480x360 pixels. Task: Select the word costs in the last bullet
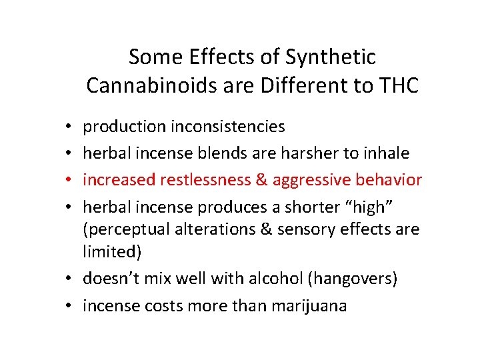155,306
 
